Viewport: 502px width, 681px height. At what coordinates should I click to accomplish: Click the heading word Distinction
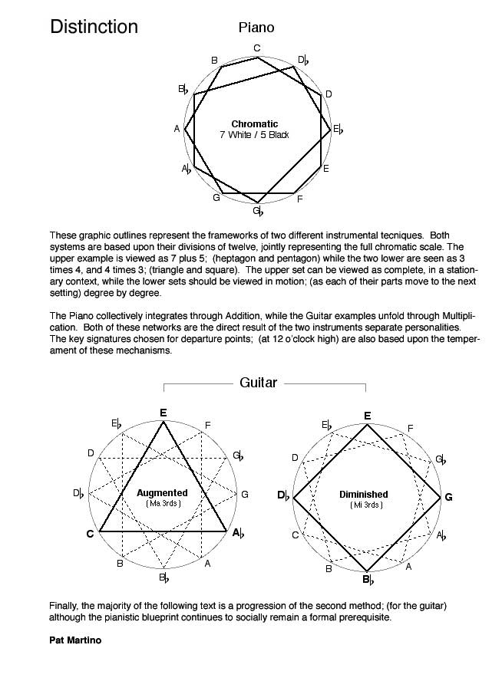pos(94,28)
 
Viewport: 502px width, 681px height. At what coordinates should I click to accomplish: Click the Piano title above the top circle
pos(256,28)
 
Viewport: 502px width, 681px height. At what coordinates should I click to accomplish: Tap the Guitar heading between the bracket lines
pos(258,382)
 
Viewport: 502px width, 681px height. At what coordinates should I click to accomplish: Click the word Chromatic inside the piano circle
pos(254,123)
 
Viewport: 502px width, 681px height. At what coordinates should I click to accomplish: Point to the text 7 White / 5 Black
pos(254,135)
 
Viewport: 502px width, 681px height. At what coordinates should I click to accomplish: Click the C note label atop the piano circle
pos(257,48)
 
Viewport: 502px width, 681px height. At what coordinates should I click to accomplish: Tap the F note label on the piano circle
pos(299,199)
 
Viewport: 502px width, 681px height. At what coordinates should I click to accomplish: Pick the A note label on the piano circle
pos(177,128)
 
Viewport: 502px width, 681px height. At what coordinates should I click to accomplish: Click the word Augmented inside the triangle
pos(162,492)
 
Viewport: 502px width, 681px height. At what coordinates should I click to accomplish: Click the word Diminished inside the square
pos(364,495)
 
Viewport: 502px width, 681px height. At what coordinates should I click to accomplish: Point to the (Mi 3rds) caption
pos(365,505)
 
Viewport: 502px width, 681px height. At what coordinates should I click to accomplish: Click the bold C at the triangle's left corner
pos(90,534)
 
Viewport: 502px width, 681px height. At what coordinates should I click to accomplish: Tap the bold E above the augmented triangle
pos(163,413)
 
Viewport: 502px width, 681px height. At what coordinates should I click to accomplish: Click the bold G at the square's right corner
pos(448,497)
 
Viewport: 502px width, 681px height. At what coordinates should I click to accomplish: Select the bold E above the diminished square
pos(368,416)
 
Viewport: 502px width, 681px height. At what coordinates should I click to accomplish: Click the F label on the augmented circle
pos(208,425)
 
